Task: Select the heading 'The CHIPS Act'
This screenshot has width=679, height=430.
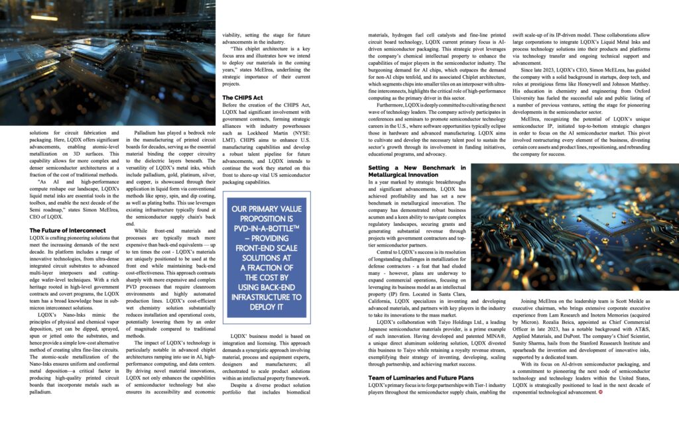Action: (243, 98)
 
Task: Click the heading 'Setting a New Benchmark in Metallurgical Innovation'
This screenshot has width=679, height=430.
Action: (416, 172)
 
